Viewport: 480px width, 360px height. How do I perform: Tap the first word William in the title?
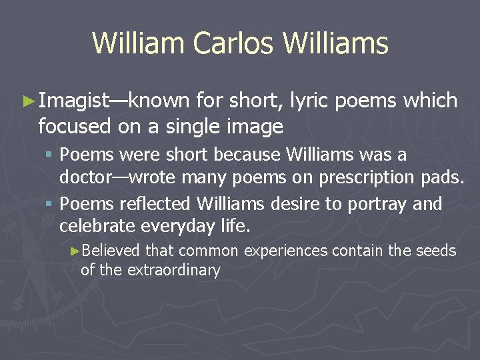pos(138,44)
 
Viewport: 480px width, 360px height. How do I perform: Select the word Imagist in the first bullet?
pos(73,101)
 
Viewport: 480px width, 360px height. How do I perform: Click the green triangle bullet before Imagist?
pos(27,101)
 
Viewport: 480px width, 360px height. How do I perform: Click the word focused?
pos(73,125)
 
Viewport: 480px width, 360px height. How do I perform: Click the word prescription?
pos(363,178)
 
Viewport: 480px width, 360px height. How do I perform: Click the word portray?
pos(377,204)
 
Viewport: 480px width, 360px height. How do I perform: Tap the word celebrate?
pos(97,226)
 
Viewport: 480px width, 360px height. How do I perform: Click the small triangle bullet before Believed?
pos(75,251)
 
